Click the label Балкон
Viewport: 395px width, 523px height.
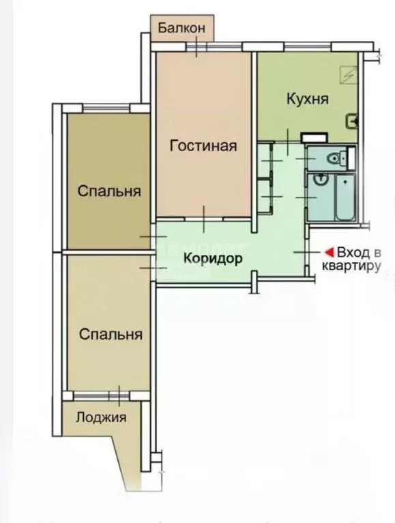[x=181, y=28]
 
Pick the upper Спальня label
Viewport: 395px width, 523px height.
[x=109, y=191]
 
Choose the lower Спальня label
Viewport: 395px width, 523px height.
[x=111, y=334]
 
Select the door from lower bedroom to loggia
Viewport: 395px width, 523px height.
[x=119, y=394]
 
